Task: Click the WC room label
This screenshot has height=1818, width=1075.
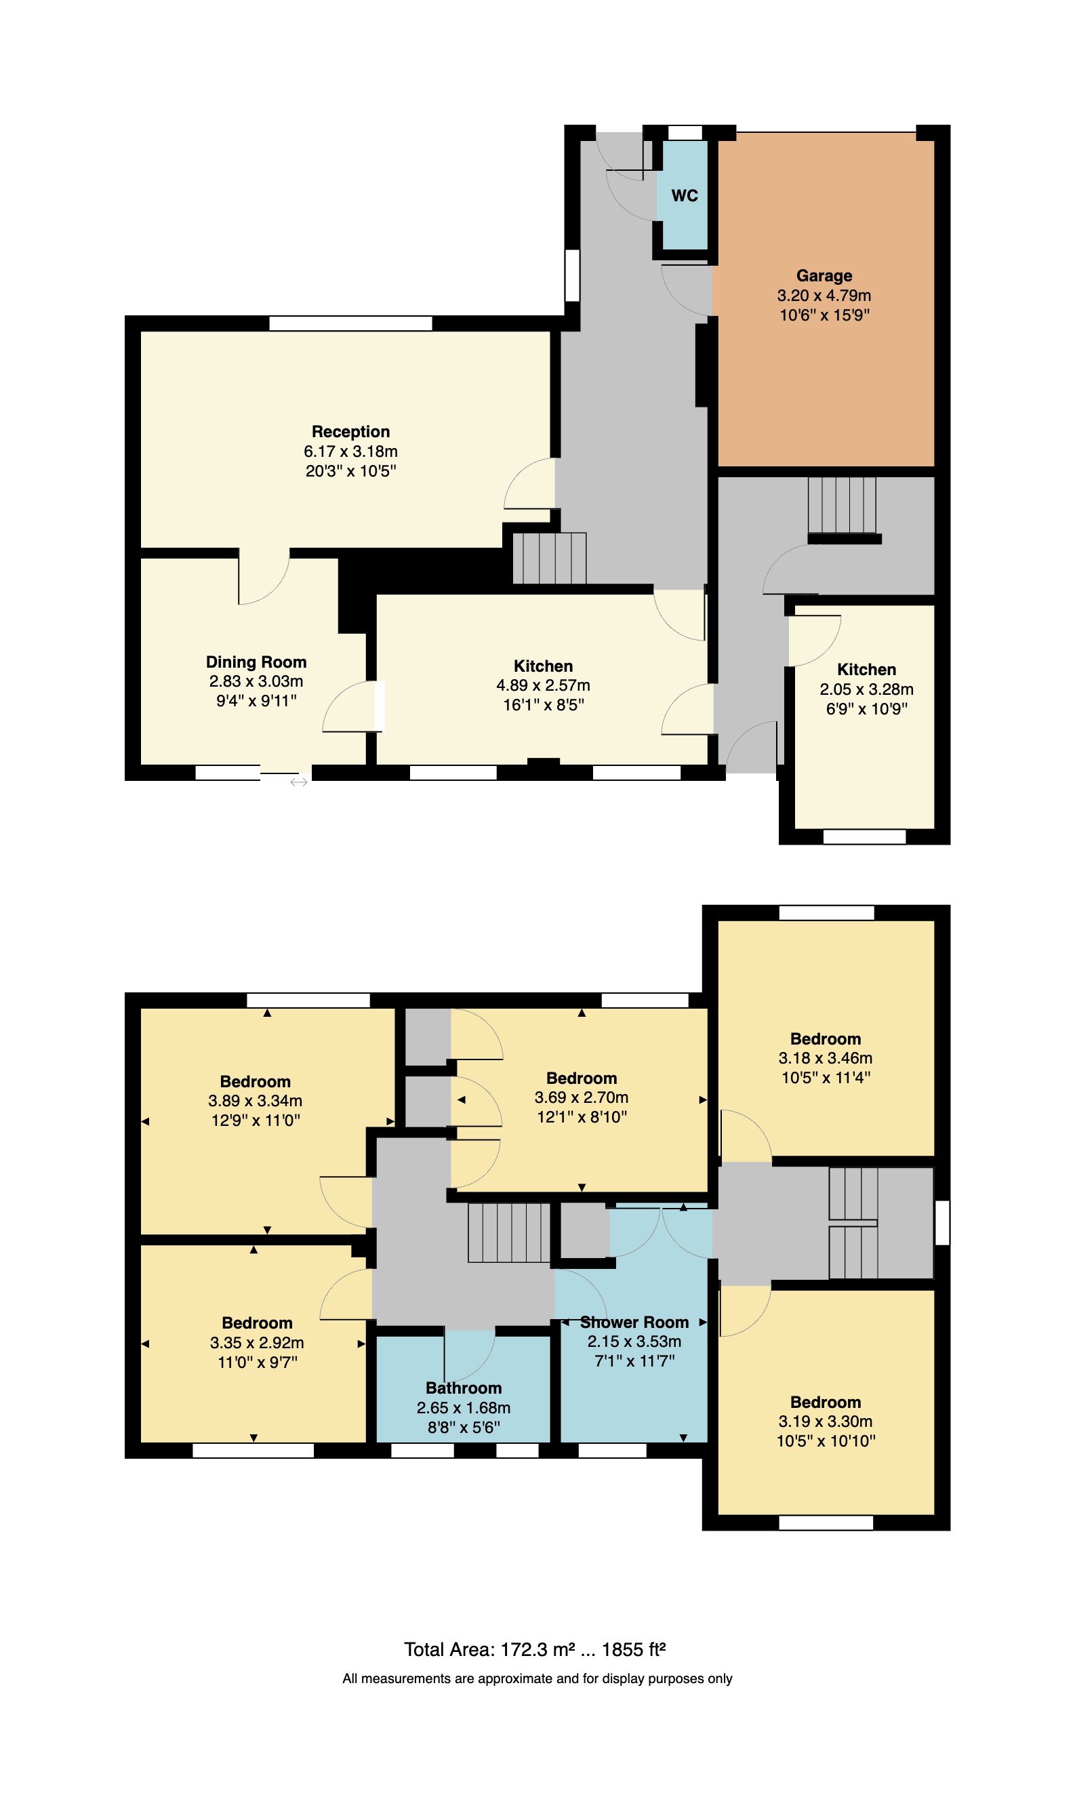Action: tap(684, 196)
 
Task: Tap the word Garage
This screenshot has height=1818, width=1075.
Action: tap(824, 276)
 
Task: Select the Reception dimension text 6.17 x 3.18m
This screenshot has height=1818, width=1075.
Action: tap(350, 451)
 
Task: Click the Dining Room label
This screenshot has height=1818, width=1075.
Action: tap(256, 662)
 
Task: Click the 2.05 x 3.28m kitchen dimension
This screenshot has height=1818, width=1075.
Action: tap(866, 689)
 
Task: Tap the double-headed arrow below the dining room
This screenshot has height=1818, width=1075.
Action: tap(298, 782)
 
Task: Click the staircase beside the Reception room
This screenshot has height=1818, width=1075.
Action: tap(549, 559)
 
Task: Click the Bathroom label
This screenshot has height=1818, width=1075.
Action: tap(463, 1388)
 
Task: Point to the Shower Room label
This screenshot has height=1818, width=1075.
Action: tap(634, 1322)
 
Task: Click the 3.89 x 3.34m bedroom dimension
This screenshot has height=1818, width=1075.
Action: tap(255, 1101)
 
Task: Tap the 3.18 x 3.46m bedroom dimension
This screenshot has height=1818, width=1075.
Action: tap(825, 1057)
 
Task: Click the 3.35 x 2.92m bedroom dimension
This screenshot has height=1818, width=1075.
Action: tap(256, 1342)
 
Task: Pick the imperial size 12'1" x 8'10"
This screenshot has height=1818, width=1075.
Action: tap(581, 1117)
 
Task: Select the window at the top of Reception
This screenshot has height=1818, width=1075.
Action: tap(350, 323)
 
